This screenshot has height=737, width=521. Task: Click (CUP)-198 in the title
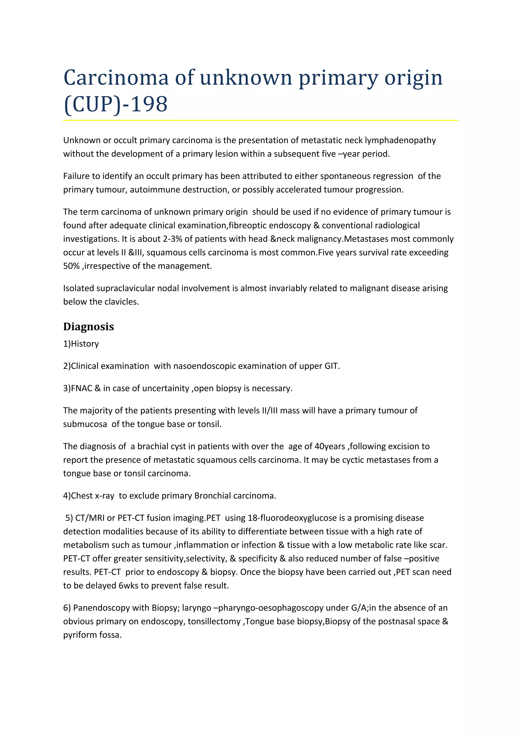click(115, 104)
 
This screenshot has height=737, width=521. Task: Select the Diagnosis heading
click(88, 327)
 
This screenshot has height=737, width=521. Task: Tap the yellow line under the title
click(260, 120)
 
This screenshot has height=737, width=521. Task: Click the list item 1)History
click(81, 344)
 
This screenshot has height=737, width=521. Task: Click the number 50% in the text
click(71, 266)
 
